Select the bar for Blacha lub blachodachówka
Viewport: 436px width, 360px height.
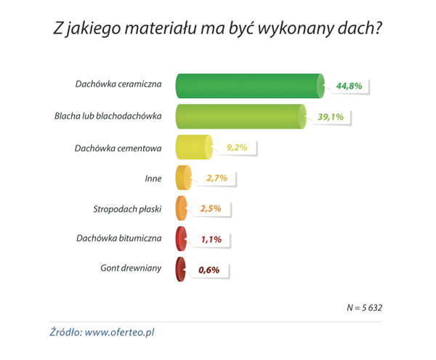click(x=240, y=116)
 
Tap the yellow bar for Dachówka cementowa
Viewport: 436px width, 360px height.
click(x=193, y=148)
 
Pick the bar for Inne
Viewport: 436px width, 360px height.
click(x=183, y=178)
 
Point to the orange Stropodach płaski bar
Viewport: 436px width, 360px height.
click(x=182, y=209)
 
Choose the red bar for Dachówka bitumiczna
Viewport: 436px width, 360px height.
click(x=181, y=239)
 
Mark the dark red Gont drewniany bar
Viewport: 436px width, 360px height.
click(x=180, y=269)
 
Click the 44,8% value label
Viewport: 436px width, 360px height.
click(x=349, y=86)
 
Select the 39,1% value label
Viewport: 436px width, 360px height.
click(x=331, y=116)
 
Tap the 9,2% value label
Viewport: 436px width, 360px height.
click(x=237, y=148)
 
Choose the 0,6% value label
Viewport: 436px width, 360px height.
click(x=209, y=270)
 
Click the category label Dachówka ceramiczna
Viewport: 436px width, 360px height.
click(x=118, y=84)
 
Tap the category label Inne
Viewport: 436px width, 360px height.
click(x=153, y=176)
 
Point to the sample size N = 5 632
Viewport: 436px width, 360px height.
click(x=364, y=308)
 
